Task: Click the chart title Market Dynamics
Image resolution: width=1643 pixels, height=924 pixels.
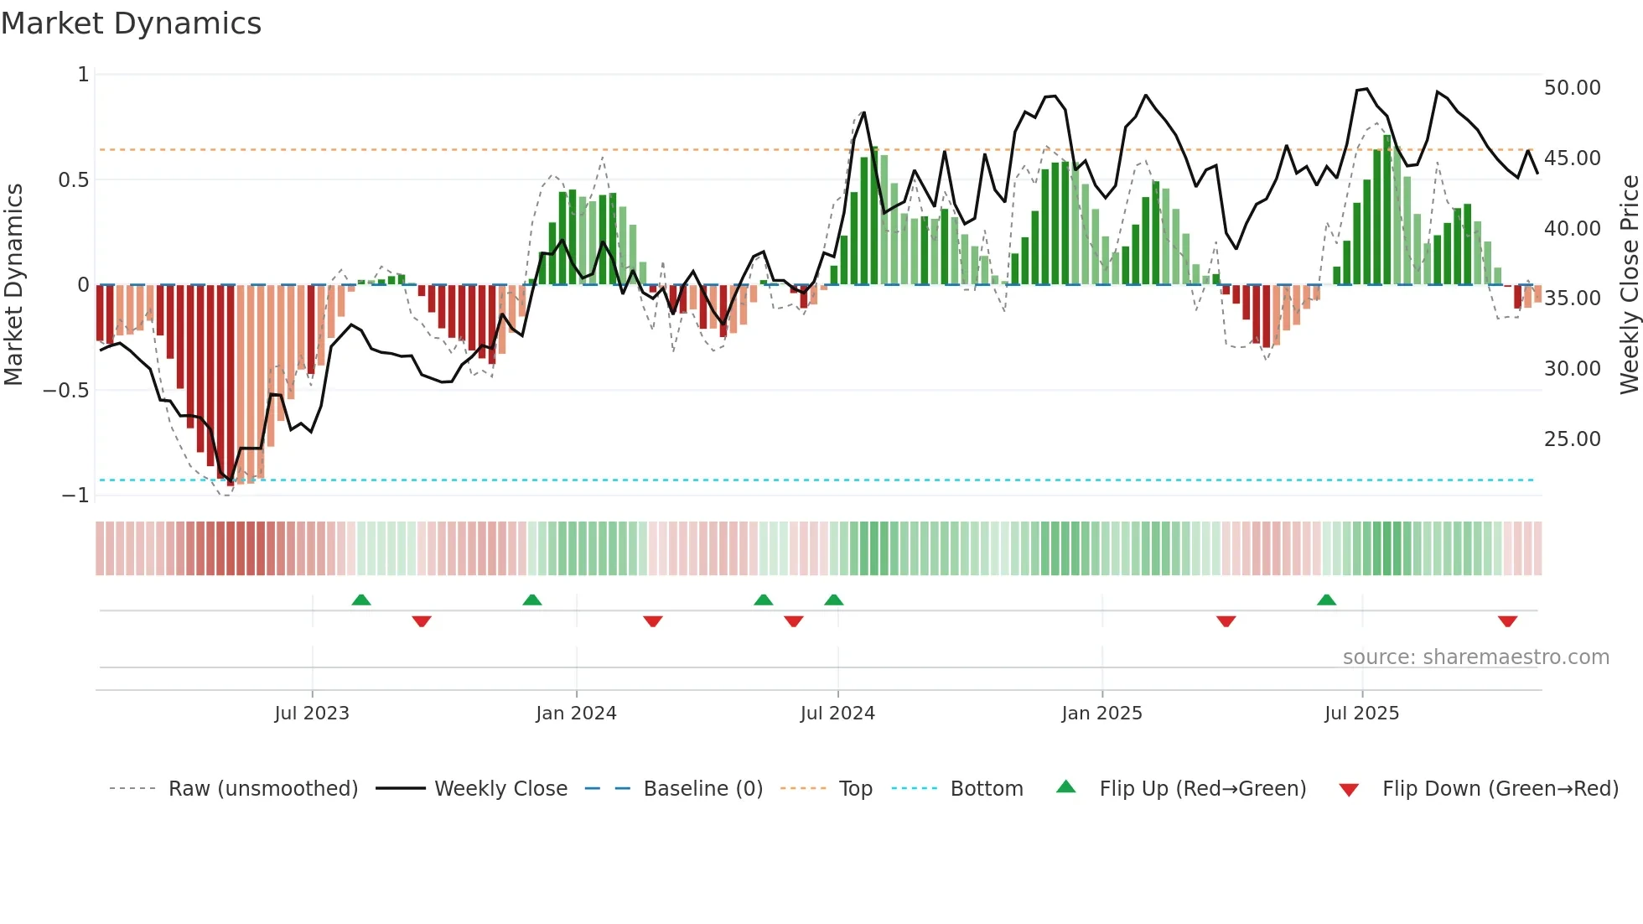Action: (x=131, y=23)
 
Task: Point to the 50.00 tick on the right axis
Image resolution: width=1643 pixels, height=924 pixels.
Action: (x=1572, y=88)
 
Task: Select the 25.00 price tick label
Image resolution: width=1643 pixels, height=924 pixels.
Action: (x=1572, y=439)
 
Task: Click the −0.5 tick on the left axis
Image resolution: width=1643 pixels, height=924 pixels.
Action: (x=65, y=391)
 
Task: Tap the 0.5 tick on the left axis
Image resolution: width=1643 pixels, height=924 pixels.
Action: (x=73, y=180)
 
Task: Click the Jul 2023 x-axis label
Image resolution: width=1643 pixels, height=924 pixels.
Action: (x=311, y=714)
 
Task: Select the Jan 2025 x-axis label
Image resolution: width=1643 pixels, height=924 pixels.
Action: (x=1101, y=714)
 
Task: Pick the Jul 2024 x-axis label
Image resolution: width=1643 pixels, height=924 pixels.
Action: (x=837, y=714)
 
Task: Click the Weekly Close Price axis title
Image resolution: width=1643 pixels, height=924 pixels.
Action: (x=1629, y=285)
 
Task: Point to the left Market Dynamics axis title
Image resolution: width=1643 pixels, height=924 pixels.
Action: (x=13, y=285)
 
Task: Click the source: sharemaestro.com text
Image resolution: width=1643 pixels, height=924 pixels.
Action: (x=1475, y=657)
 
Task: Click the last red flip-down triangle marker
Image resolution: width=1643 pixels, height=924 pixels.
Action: (x=1507, y=621)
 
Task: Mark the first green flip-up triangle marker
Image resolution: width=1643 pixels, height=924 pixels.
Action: (x=361, y=600)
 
